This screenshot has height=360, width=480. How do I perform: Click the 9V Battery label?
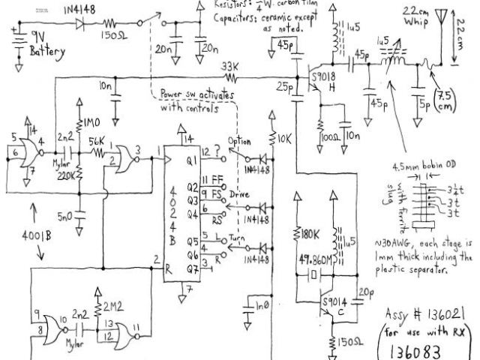[x=46, y=45]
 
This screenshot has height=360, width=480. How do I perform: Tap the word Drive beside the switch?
[x=239, y=195]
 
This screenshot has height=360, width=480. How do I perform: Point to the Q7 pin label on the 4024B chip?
[x=193, y=269]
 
